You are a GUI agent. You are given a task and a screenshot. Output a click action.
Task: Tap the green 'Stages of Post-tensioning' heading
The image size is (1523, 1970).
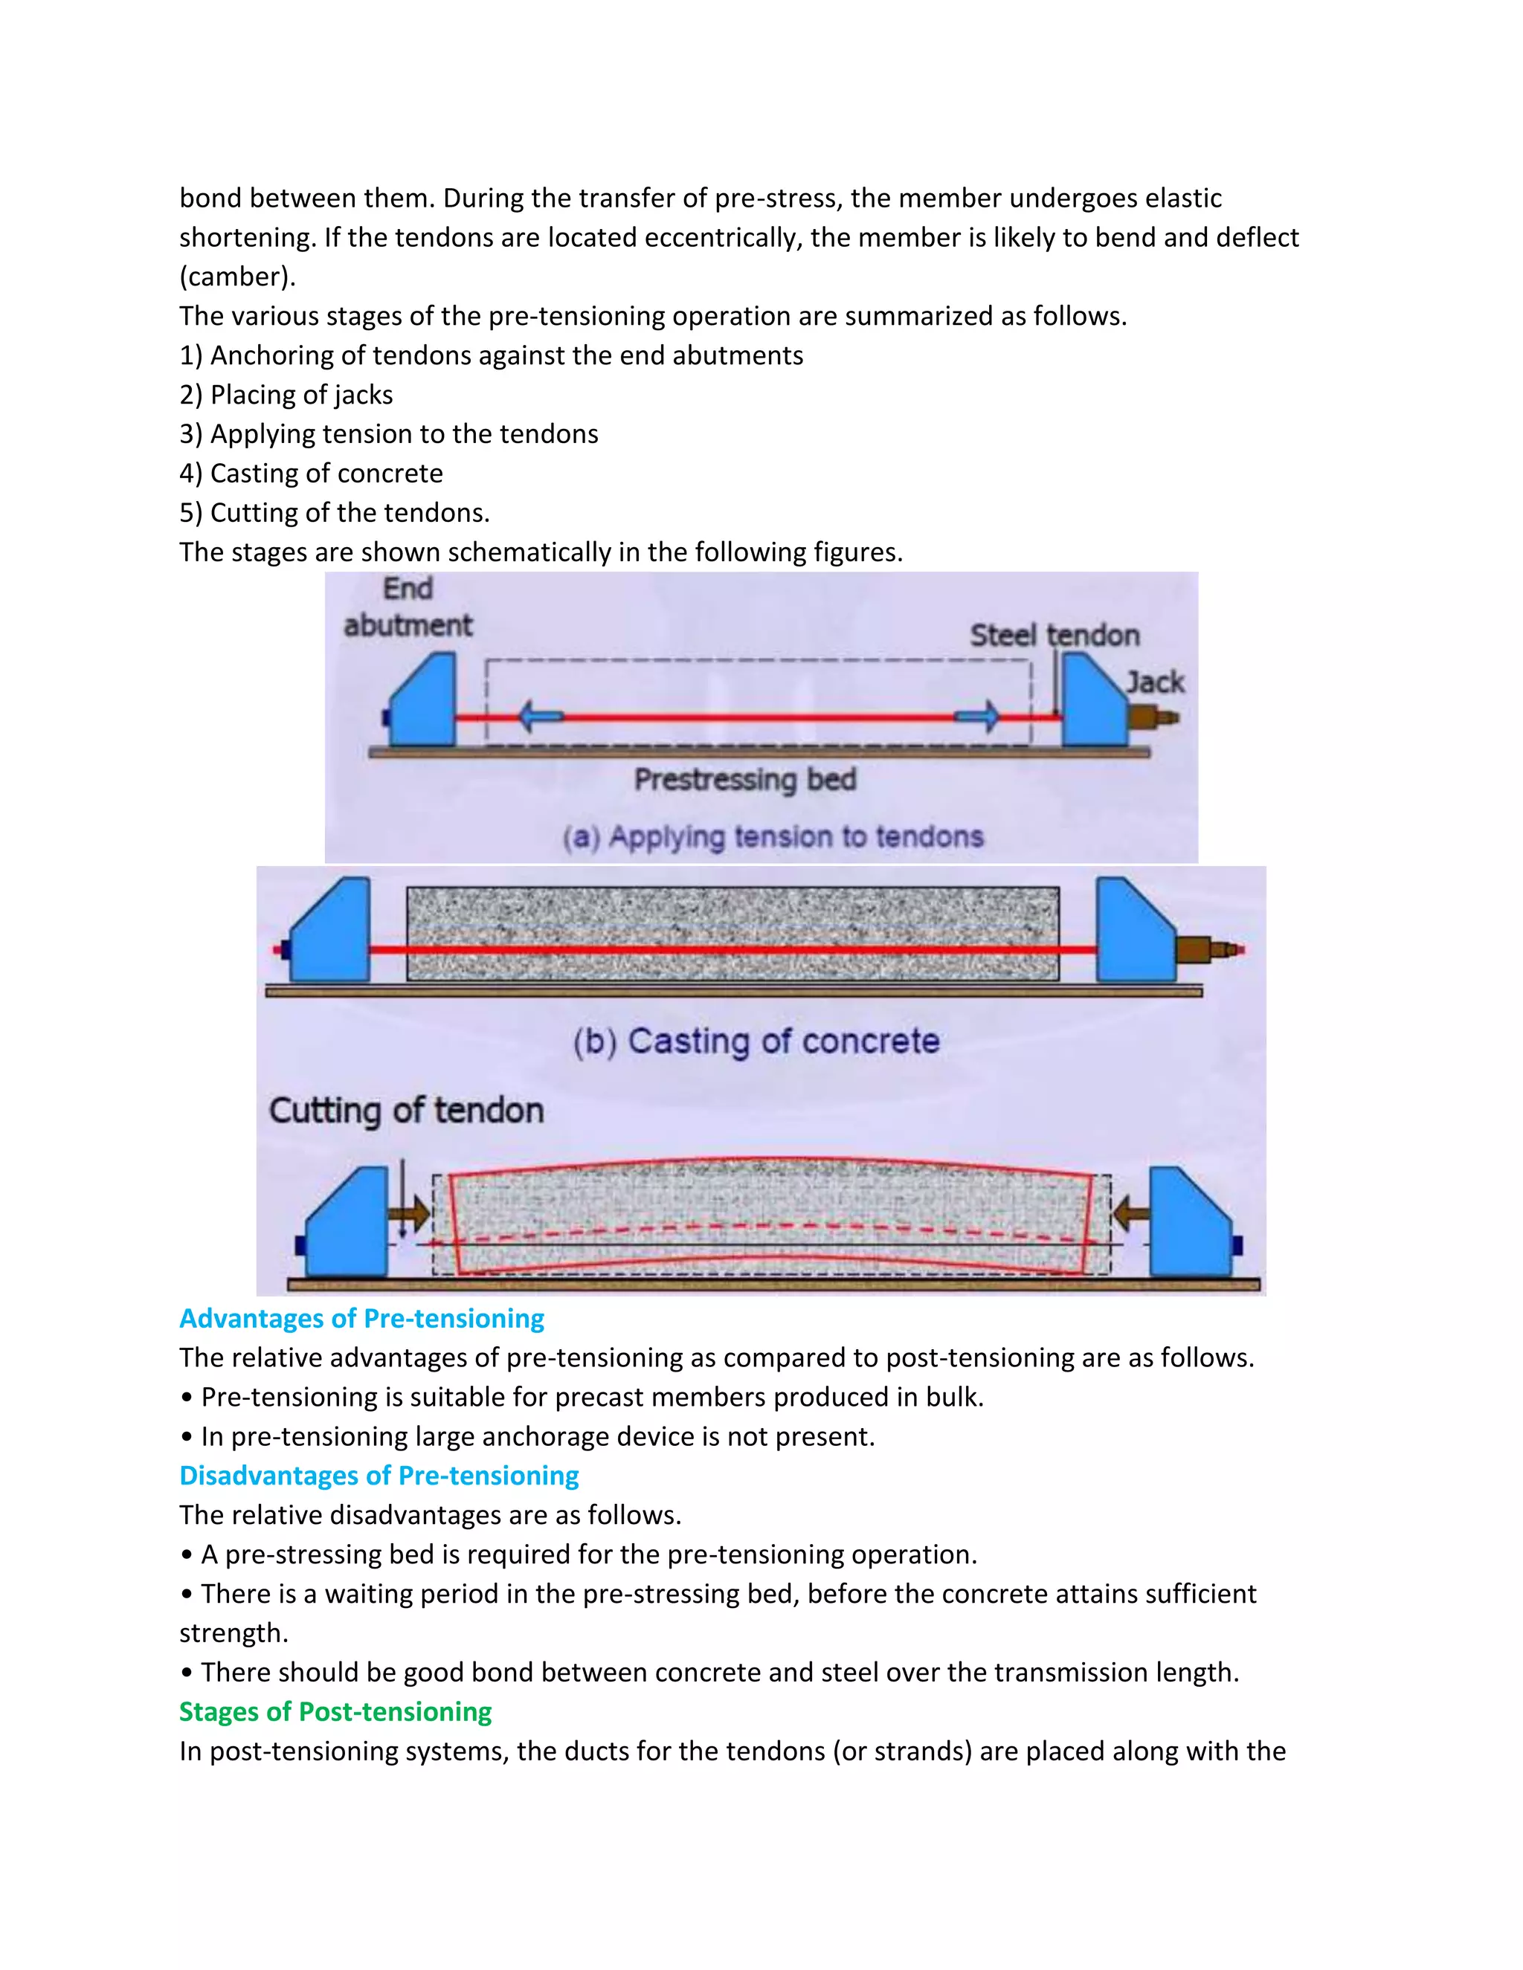click(335, 1711)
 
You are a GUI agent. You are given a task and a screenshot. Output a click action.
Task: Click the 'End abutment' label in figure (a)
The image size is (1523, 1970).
click(408, 607)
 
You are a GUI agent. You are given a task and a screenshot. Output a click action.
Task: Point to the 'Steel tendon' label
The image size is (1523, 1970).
click(1054, 635)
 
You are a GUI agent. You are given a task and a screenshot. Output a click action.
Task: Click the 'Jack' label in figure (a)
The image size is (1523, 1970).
click(1155, 682)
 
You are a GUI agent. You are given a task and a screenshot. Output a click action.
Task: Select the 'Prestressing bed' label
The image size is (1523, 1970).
click(744, 779)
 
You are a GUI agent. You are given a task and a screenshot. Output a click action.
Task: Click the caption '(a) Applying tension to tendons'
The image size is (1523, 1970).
click(773, 837)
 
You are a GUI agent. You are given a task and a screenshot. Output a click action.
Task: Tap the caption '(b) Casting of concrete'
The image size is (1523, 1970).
click(756, 1041)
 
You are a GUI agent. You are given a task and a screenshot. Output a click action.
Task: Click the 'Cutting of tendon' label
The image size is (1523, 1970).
click(406, 1111)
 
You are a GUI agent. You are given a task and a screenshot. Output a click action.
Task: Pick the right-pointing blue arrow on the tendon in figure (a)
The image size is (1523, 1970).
click(978, 718)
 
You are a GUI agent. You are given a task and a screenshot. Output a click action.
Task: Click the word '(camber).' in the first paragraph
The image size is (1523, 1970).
click(237, 276)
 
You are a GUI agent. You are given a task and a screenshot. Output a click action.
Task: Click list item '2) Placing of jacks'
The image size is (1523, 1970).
click(286, 394)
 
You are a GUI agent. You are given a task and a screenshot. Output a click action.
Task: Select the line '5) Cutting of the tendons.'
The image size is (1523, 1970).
click(334, 512)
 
